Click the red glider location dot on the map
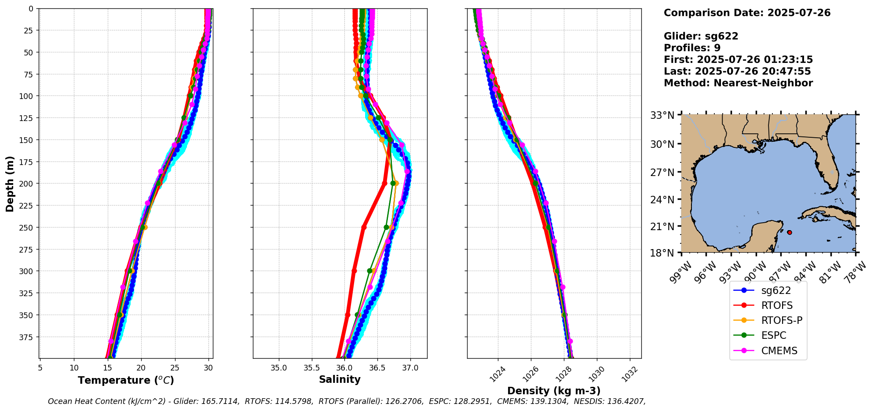coord(790,232)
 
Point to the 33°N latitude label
coord(662,115)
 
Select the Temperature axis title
coord(126,380)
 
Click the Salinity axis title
coord(340,379)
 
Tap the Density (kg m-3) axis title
coord(554,391)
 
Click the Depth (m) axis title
coord(10,183)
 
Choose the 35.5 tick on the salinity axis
coord(311,367)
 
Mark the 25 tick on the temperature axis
coord(175,367)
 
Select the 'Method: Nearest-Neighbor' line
coord(738,83)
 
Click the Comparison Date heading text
coord(747,13)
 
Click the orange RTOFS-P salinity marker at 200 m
coord(396,183)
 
